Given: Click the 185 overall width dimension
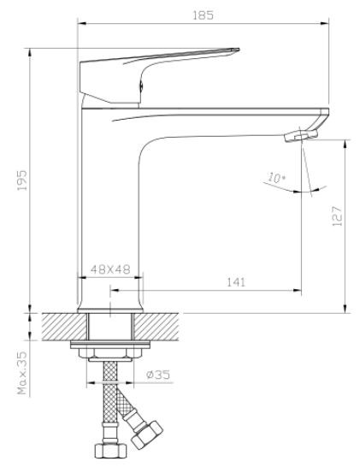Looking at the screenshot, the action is [x=204, y=15].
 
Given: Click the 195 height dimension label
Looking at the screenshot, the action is [x=22, y=180].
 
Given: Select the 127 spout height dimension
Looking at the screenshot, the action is [x=337, y=216].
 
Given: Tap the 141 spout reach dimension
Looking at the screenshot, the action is [x=236, y=281].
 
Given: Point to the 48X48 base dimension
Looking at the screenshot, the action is [x=110, y=269].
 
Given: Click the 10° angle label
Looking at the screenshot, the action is [x=276, y=178].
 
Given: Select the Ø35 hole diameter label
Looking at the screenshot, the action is [x=158, y=375].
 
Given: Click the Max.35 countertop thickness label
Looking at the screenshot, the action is [x=22, y=373].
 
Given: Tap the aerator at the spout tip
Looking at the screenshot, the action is [x=301, y=136].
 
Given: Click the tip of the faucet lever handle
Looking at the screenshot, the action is [x=239, y=50].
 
